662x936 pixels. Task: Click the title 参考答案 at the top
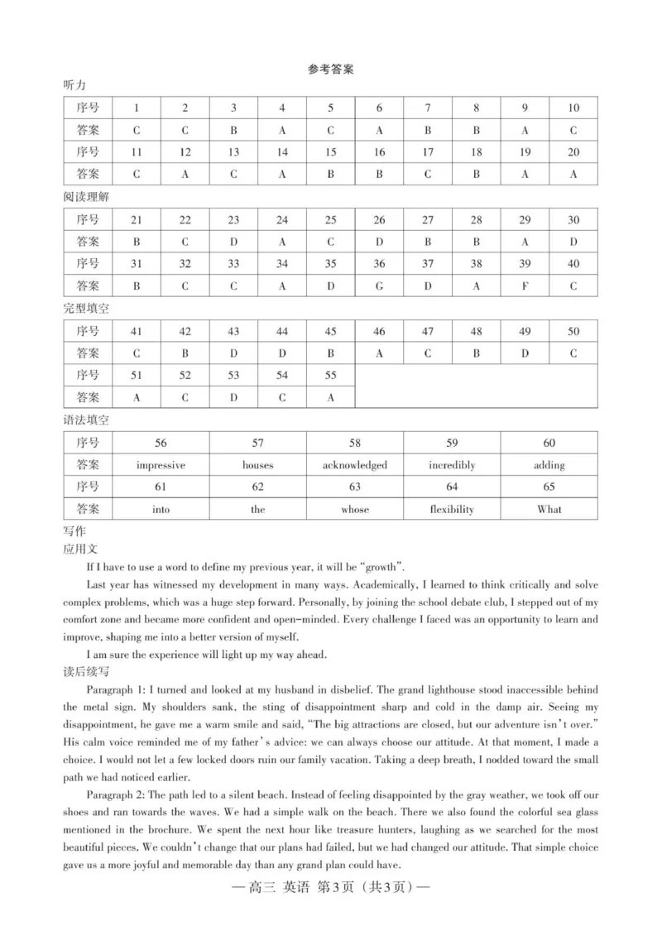(x=331, y=70)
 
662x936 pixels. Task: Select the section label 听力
(x=74, y=86)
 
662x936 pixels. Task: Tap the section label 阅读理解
(x=86, y=198)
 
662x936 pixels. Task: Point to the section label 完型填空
(x=86, y=309)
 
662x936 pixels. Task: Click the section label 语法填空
(x=86, y=420)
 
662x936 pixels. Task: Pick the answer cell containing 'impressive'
(x=161, y=465)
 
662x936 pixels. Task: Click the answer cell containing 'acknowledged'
(x=355, y=465)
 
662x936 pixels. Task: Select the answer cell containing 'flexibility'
(x=452, y=510)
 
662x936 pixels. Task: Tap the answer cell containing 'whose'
(x=355, y=510)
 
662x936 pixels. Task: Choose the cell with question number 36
(x=379, y=264)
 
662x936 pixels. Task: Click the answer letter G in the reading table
(x=379, y=286)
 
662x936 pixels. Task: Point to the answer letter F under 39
(x=525, y=286)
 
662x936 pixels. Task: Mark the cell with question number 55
(x=331, y=375)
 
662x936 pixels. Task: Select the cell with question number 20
(x=573, y=152)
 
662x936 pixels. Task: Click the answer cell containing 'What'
(x=549, y=510)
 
